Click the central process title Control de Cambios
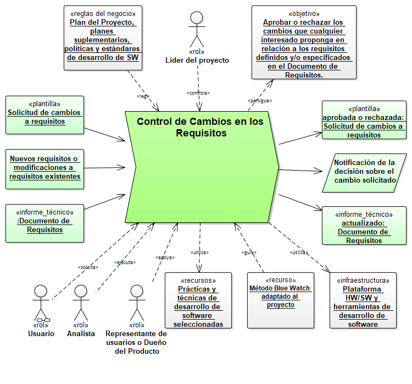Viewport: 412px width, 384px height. (200, 128)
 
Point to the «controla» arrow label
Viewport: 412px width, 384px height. (198, 93)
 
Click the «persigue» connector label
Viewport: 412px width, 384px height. (260, 101)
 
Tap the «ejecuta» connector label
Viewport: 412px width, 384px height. (125, 262)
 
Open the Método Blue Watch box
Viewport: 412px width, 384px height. (280, 300)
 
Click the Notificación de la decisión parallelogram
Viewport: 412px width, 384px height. (365, 171)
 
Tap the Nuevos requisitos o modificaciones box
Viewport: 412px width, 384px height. (45, 168)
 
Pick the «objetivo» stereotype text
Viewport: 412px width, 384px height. (304, 13)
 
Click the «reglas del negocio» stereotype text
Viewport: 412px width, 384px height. (103, 13)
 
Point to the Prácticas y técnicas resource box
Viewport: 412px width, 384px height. (198, 300)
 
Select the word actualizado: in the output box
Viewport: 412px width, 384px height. (363, 223)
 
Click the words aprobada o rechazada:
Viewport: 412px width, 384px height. (363, 117)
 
